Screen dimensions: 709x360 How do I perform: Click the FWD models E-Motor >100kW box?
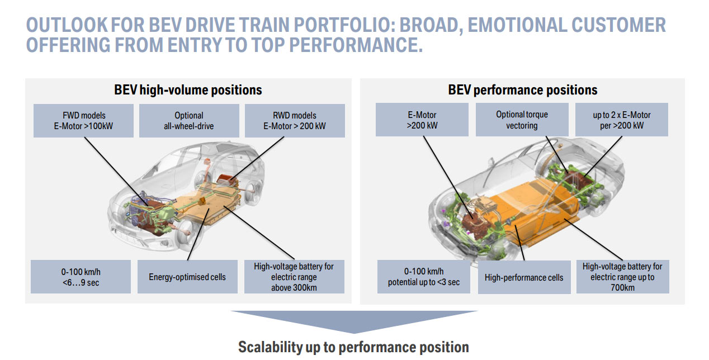83,121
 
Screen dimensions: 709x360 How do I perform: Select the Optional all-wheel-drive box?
189,121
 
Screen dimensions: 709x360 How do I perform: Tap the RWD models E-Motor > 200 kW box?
295,121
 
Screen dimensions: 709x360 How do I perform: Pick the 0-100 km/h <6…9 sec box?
81,277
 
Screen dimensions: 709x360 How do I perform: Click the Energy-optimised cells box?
187,277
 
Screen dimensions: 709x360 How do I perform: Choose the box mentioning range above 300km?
294,277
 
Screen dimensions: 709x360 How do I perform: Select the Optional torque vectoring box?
522,120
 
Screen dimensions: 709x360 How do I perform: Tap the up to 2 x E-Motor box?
622,120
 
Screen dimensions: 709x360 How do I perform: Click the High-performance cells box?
524,277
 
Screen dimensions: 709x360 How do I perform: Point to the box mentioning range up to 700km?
622,277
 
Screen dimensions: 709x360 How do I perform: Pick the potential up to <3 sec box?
423,277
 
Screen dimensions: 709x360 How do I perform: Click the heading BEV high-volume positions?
188,90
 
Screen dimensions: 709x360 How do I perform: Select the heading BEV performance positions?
523,90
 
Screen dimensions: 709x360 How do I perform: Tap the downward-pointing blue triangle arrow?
354,320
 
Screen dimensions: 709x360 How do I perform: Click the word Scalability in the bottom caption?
270,347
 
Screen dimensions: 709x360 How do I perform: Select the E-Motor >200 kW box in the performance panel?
422,120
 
